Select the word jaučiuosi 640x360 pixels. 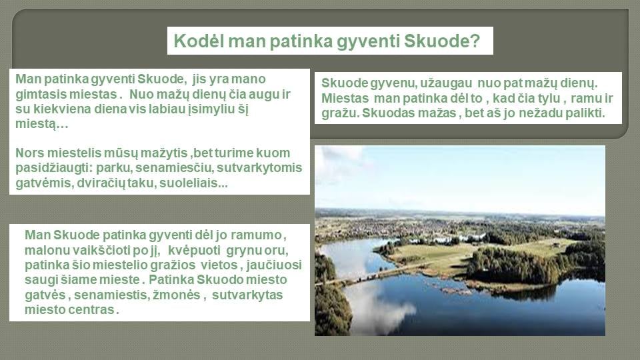pyautogui.click(x=274, y=265)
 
